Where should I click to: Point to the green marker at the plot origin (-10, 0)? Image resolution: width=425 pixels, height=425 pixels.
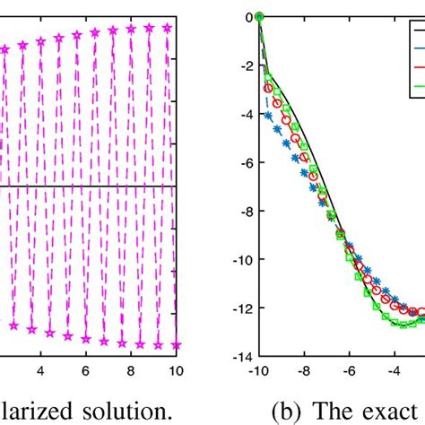pos(259,16)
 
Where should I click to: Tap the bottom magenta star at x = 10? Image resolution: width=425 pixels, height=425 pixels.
pos(176,344)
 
